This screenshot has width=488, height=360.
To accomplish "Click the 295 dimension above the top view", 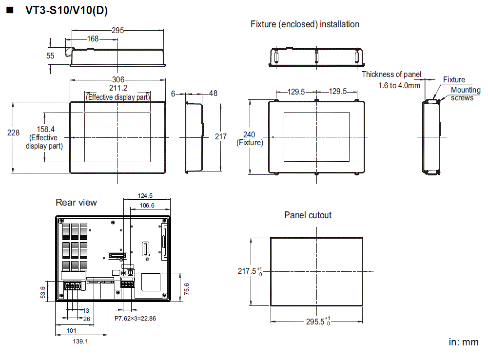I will coord(117,31).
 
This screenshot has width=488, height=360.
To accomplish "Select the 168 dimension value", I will coord(93,39).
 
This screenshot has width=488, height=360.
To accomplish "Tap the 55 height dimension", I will coord(50,56).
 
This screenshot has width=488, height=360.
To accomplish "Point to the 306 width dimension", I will coord(118,80).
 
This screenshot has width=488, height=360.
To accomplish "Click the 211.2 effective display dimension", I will coord(118,88).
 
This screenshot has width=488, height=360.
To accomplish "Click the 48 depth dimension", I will coord(214,94).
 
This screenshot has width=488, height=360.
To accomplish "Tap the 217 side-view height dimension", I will coord(221,137).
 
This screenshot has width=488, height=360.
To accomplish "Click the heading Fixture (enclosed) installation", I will coord(305,24).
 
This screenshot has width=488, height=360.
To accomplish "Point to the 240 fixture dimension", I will coord(250,134).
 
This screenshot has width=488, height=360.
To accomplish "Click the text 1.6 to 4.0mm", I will coord(399,85).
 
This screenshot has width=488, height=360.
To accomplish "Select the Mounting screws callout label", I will coord(465,94).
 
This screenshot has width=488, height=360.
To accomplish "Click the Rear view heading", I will coord(76,203).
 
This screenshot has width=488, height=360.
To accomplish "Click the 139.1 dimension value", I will coord(80,341).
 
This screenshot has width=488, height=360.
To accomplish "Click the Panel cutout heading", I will coord(308,215).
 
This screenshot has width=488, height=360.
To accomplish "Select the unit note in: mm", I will coord(463,342).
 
